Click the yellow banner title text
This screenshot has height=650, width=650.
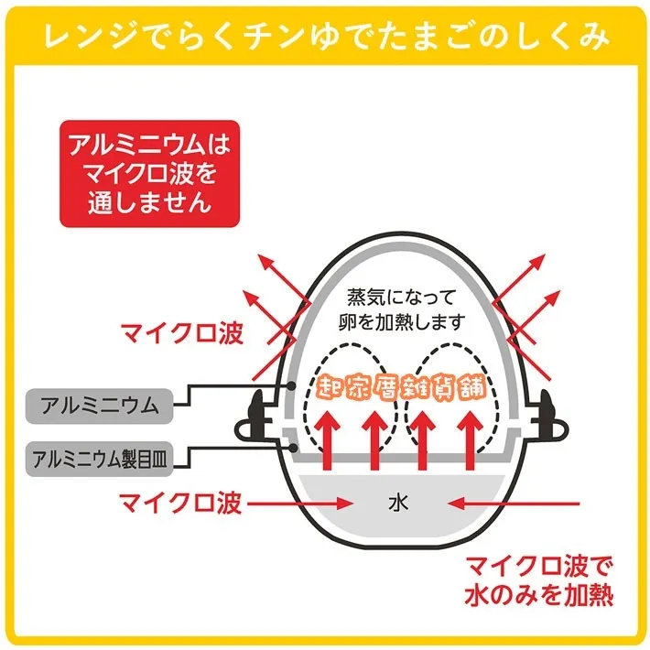click(326, 38)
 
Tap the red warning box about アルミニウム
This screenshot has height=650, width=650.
click(149, 174)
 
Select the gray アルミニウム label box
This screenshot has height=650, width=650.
click(100, 406)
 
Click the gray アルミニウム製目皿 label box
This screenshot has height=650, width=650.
click(100, 459)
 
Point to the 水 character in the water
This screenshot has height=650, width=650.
click(398, 503)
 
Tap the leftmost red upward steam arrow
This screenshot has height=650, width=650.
click(328, 440)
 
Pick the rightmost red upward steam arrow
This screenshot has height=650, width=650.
click(470, 440)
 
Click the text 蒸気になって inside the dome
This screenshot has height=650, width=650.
click(401, 297)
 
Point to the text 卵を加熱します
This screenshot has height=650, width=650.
click(401, 321)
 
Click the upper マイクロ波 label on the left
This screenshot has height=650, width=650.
click(181, 333)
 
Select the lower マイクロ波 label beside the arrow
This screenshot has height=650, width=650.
click(180, 504)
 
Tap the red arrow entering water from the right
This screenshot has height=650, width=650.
click(514, 504)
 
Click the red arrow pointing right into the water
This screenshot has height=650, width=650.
click(299, 504)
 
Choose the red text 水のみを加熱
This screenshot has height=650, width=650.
click(538, 596)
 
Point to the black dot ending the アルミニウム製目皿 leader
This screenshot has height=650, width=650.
click(294, 448)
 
